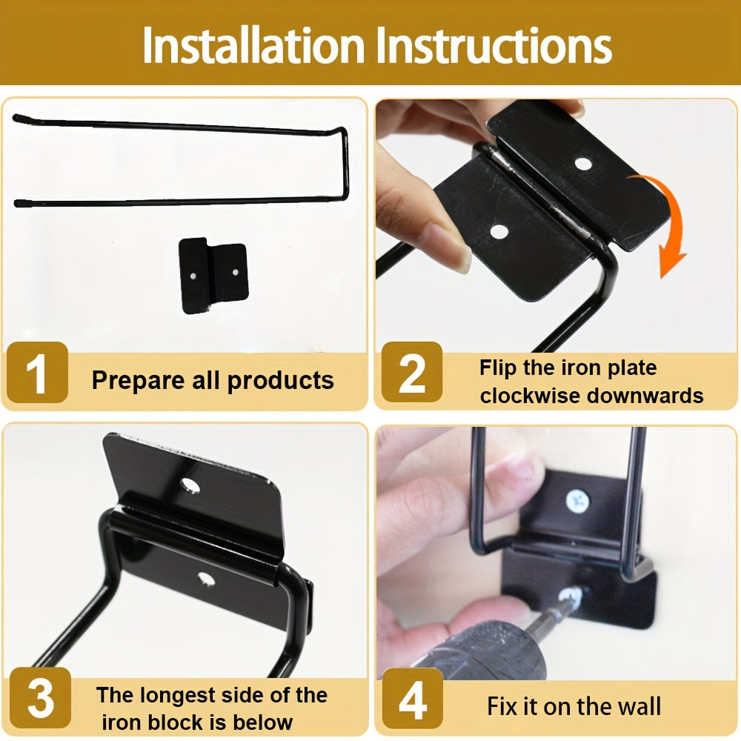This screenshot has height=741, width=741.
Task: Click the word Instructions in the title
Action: click(494, 46)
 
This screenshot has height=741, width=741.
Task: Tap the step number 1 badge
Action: click(37, 373)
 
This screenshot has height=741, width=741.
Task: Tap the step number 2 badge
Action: click(412, 373)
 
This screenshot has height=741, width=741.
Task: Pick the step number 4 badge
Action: click(412, 698)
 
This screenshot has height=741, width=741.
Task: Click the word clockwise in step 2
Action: click(529, 395)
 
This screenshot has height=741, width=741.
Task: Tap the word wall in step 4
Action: click(637, 706)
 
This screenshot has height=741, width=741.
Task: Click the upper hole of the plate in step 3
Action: click(193, 486)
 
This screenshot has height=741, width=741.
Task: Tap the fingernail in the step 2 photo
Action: click(448, 245)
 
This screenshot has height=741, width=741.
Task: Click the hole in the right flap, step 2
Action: click(583, 163)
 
